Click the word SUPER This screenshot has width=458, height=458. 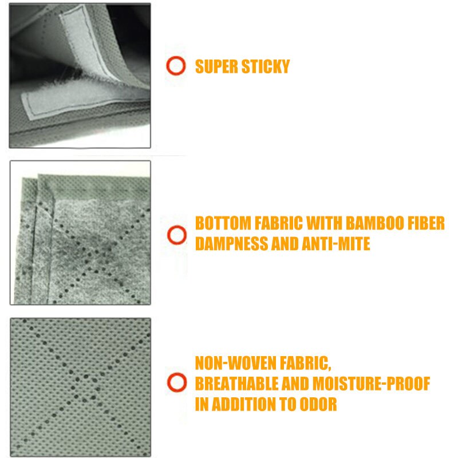pos(216,66)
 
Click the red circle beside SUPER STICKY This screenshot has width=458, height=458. pos(176,66)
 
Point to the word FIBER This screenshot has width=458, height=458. pos(424,223)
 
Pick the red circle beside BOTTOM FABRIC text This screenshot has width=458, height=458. pos(176,234)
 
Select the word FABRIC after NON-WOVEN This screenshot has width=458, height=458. pos(303,363)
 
